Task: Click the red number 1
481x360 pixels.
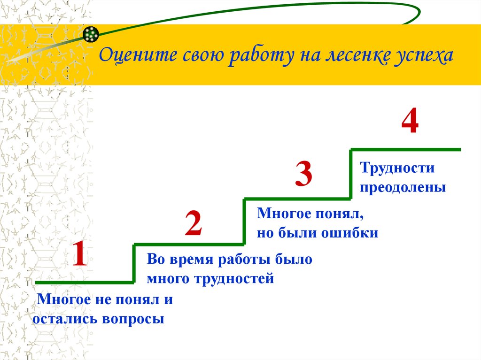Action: (80, 253)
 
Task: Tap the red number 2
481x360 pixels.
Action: (194, 223)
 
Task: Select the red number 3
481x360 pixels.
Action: (304, 174)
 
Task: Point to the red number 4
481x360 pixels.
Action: (410, 121)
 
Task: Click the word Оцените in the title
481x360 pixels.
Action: (138, 55)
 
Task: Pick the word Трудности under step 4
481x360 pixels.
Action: (397, 168)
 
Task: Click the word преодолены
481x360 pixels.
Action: (403, 188)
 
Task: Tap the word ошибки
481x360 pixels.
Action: (349, 233)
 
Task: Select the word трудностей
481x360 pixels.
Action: (234, 279)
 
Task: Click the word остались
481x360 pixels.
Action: (65, 319)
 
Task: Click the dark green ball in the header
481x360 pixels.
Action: (91, 34)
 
